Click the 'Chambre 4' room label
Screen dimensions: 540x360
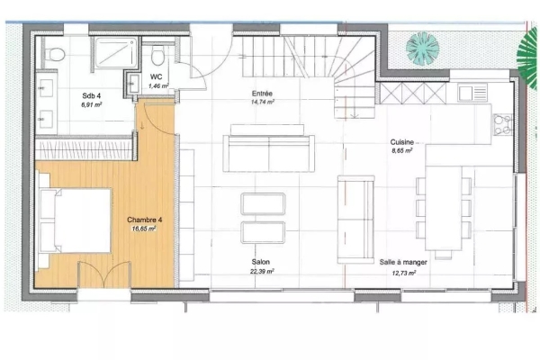click(x=145, y=220)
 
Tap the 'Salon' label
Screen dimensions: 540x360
click(x=261, y=262)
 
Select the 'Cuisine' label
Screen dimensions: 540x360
click(x=402, y=142)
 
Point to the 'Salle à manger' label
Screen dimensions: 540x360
click(x=403, y=262)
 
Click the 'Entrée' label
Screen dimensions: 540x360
click(x=262, y=94)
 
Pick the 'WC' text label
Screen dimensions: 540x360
click(x=156, y=76)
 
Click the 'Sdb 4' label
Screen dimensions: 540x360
click(x=91, y=95)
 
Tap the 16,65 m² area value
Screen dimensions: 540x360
click(x=144, y=229)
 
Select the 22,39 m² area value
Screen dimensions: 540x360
click(x=262, y=272)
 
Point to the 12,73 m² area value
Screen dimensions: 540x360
click(x=403, y=274)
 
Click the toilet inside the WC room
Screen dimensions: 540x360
click(x=157, y=55)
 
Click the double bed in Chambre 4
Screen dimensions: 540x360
click(x=76, y=220)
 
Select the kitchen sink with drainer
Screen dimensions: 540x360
click(x=472, y=93)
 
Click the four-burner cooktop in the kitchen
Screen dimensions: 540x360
click(x=502, y=124)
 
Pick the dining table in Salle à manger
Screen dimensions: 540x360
click(x=444, y=208)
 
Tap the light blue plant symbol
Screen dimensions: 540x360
click(x=423, y=49)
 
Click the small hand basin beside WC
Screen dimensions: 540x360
click(x=132, y=83)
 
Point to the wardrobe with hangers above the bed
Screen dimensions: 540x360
click(x=84, y=150)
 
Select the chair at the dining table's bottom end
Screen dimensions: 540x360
click(x=443, y=255)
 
